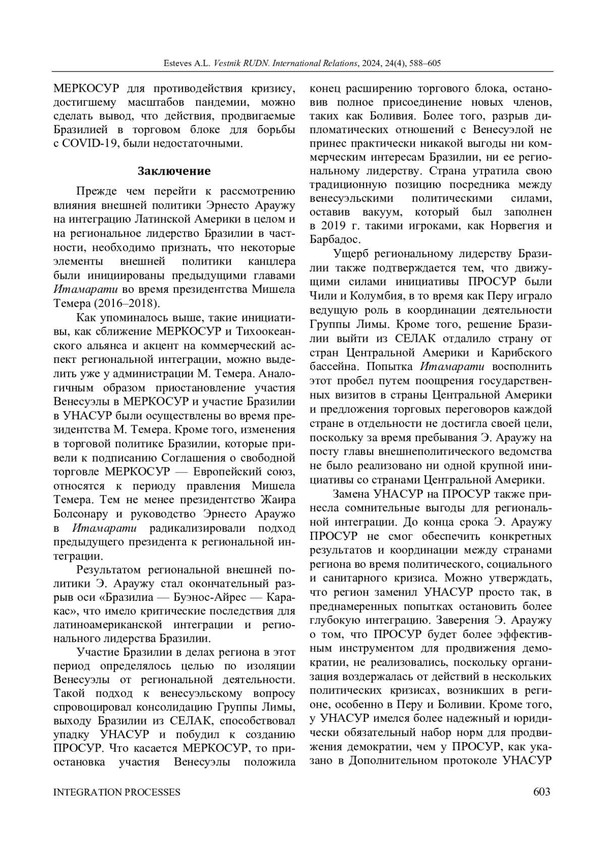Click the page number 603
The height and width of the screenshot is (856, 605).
coord(541,792)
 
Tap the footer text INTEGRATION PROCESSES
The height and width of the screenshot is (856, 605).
coord(117,792)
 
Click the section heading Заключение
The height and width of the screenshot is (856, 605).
coord(174,171)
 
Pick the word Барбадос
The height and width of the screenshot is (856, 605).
coord(334,239)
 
